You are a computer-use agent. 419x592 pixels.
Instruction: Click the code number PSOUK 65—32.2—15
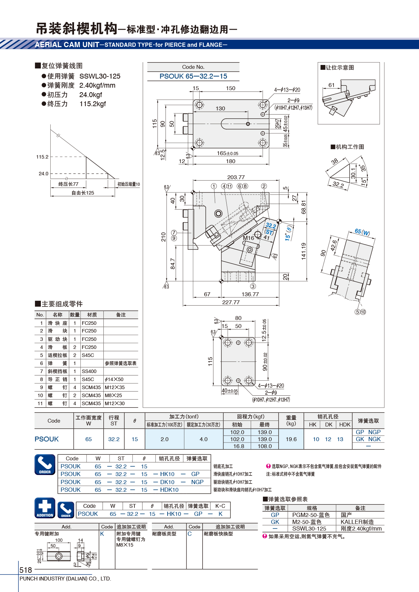[193, 76]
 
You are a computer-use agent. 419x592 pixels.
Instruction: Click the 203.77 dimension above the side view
[236, 177]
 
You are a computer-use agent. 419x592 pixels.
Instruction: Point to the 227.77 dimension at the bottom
[231, 302]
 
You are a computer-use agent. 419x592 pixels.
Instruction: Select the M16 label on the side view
[248, 238]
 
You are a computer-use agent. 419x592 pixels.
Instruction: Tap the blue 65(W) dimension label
[362, 232]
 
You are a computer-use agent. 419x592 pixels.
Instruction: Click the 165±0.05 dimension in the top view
[227, 153]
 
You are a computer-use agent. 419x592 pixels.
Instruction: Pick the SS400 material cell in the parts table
[89, 371]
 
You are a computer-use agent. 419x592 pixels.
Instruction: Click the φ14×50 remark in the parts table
[114, 379]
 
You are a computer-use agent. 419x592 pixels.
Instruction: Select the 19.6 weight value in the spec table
[291, 439]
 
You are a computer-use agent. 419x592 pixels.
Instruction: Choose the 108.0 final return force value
[264, 446]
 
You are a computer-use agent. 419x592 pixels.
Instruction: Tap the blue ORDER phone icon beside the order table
[45, 465]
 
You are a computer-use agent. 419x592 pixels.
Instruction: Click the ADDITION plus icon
[45, 508]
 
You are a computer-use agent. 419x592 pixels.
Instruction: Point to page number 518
[25, 570]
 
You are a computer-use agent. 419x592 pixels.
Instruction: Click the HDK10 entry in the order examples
[169, 490]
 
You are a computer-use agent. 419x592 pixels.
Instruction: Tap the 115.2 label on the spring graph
[42, 157]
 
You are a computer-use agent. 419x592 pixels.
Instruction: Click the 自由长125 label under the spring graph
[83, 193]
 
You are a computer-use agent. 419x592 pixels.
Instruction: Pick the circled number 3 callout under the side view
[253, 286]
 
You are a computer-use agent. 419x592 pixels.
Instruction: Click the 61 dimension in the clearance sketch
[331, 85]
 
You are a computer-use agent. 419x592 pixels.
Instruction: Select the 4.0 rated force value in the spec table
[204, 439]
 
